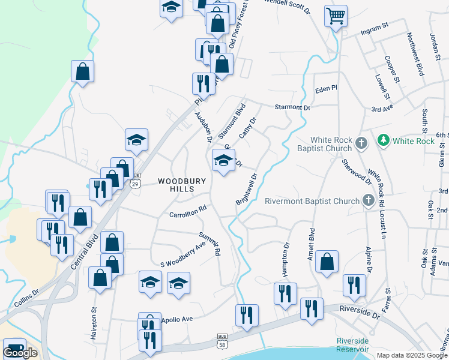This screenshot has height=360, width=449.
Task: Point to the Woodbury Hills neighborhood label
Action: click(x=182, y=185)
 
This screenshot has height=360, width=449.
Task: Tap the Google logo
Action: click(x=20, y=352)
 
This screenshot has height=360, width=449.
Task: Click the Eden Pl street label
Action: click(x=327, y=89)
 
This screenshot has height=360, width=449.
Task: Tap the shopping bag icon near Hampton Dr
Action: click(x=326, y=262)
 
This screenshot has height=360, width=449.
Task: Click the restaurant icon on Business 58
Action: click(x=247, y=316)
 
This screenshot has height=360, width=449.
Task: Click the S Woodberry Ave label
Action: click(x=183, y=254)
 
